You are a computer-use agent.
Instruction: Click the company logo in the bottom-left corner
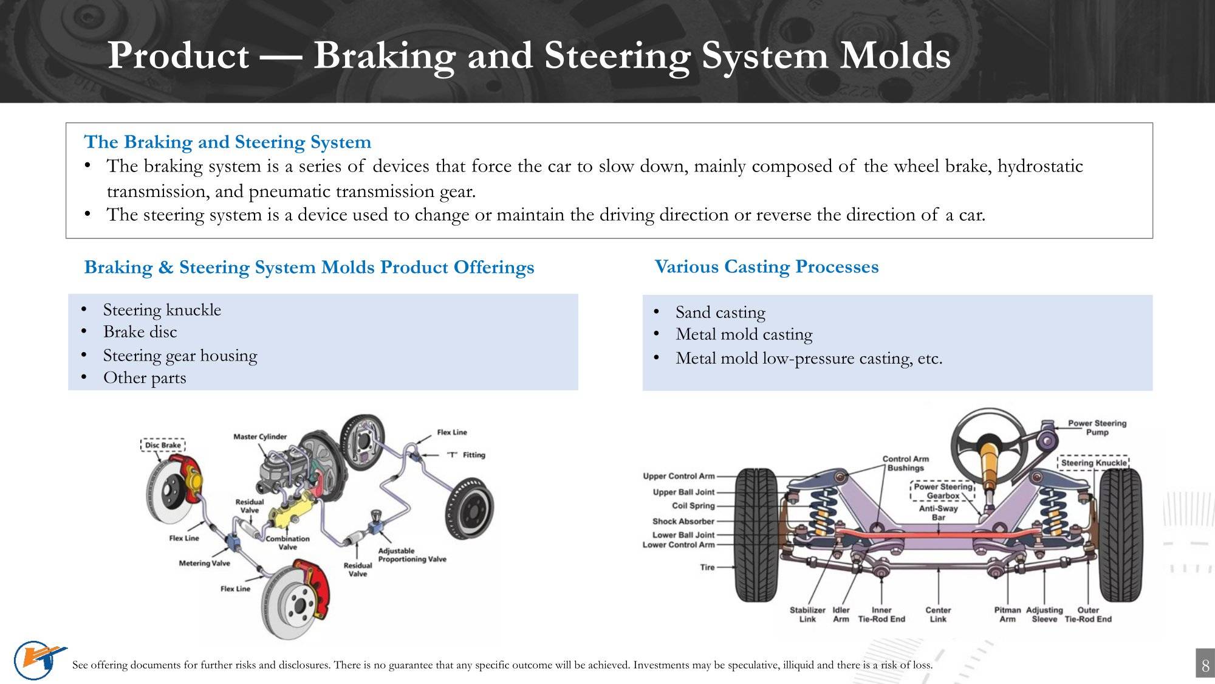[x=39, y=660]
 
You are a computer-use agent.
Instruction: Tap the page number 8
[x=1205, y=666]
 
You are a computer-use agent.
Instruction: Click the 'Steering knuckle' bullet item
[x=162, y=310]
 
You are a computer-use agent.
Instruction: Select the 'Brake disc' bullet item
[x=140, y=332]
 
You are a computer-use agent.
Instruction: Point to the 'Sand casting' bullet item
[x=720, y=313]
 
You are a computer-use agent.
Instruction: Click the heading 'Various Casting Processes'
[x=767, y=267]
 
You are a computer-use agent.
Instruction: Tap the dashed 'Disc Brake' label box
[x=163, y=445]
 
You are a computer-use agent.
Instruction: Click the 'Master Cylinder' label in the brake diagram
[x=260, y=437]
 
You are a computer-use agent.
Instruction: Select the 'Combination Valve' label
[x=288, y=543]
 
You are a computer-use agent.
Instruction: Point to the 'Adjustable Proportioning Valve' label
[x=412, y=555]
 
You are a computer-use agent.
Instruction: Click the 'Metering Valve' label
[x=205, y=564]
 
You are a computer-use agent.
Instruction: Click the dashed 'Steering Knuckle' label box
[x=1094, y=463]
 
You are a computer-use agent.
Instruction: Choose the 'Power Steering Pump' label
[x=1097, y=427]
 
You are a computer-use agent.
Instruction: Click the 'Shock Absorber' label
[x=683, y=522]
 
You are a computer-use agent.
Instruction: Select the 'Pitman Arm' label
[x=1007, y=615]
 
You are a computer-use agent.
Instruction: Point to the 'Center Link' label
[x=938, y=615]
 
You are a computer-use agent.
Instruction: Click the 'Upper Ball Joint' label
[x=684, y=492]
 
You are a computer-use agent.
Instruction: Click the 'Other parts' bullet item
[x=145, y=378]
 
